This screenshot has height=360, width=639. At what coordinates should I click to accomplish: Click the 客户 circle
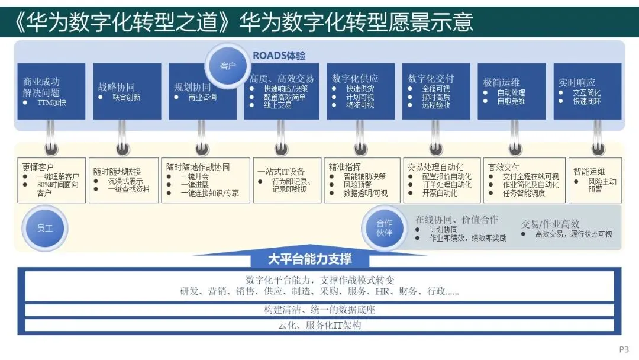(228, 66)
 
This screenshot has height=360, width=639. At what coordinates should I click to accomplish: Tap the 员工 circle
(45, 227)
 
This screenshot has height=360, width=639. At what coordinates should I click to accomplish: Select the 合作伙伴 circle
(384, 228)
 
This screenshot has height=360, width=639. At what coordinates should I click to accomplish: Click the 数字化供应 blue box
(360, 91)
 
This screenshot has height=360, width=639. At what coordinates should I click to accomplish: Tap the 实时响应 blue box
(587, 91)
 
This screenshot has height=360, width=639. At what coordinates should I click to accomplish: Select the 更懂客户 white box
(51, 180)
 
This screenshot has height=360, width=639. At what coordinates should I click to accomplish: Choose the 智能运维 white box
(595, 180)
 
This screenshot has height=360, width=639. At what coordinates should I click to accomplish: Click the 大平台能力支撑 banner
(309, 259)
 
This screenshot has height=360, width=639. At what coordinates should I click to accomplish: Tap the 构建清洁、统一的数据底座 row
(319, 310)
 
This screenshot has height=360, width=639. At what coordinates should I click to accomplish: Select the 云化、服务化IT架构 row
(319, 325)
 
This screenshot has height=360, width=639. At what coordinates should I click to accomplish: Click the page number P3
(624, 349)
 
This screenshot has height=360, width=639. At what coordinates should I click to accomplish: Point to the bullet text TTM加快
(51, 102)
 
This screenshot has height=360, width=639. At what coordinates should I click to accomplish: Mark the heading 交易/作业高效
(550, 224)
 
